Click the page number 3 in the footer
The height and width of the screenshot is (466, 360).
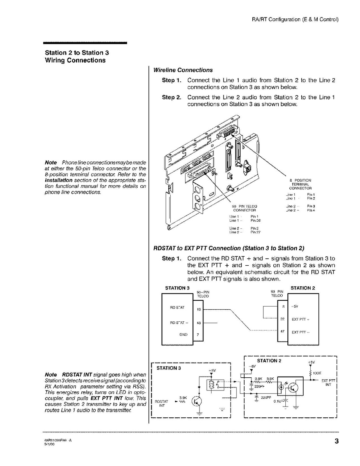point(336,441)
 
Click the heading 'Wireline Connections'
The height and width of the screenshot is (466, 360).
point(183,70)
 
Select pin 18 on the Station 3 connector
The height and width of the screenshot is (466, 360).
point(199,310)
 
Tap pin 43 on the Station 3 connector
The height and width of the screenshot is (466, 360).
point(199,323)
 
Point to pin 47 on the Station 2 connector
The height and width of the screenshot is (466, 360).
point(283,331)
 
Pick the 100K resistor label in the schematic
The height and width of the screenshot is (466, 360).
point(316,373)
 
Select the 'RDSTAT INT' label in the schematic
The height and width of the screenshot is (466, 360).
point(161,403)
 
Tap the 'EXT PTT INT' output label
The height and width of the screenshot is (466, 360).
point(329,382)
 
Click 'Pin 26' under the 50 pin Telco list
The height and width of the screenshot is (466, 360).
point(255,221)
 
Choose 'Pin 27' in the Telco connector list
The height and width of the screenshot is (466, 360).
point(255,232)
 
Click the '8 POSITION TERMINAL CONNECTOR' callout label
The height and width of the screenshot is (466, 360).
point(300,184)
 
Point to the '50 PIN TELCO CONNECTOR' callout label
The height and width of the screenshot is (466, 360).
point(244,208)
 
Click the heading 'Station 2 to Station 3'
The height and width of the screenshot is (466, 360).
point(74,53)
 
